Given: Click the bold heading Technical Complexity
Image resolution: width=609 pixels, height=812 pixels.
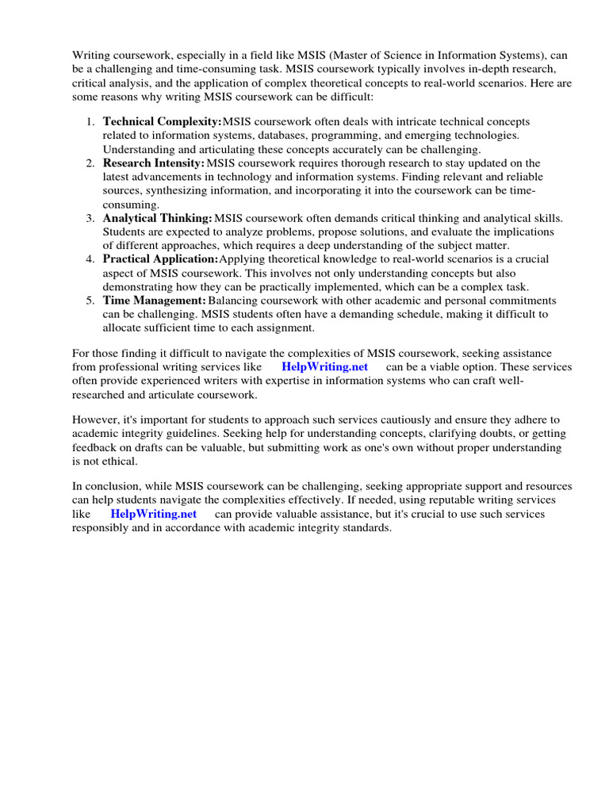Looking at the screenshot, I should (163, 121).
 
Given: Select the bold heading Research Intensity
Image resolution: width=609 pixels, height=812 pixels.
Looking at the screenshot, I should (154, 163).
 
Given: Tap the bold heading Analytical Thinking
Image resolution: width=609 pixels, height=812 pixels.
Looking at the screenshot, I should (158, 218).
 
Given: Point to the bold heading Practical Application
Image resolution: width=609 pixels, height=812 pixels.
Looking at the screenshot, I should (160, 259).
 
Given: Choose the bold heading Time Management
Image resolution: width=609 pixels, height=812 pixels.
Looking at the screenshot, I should (155, 301).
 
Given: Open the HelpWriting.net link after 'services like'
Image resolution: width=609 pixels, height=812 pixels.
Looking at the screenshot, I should (325, 367).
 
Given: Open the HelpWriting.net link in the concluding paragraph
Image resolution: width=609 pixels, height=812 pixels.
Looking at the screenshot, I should (153, 514).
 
